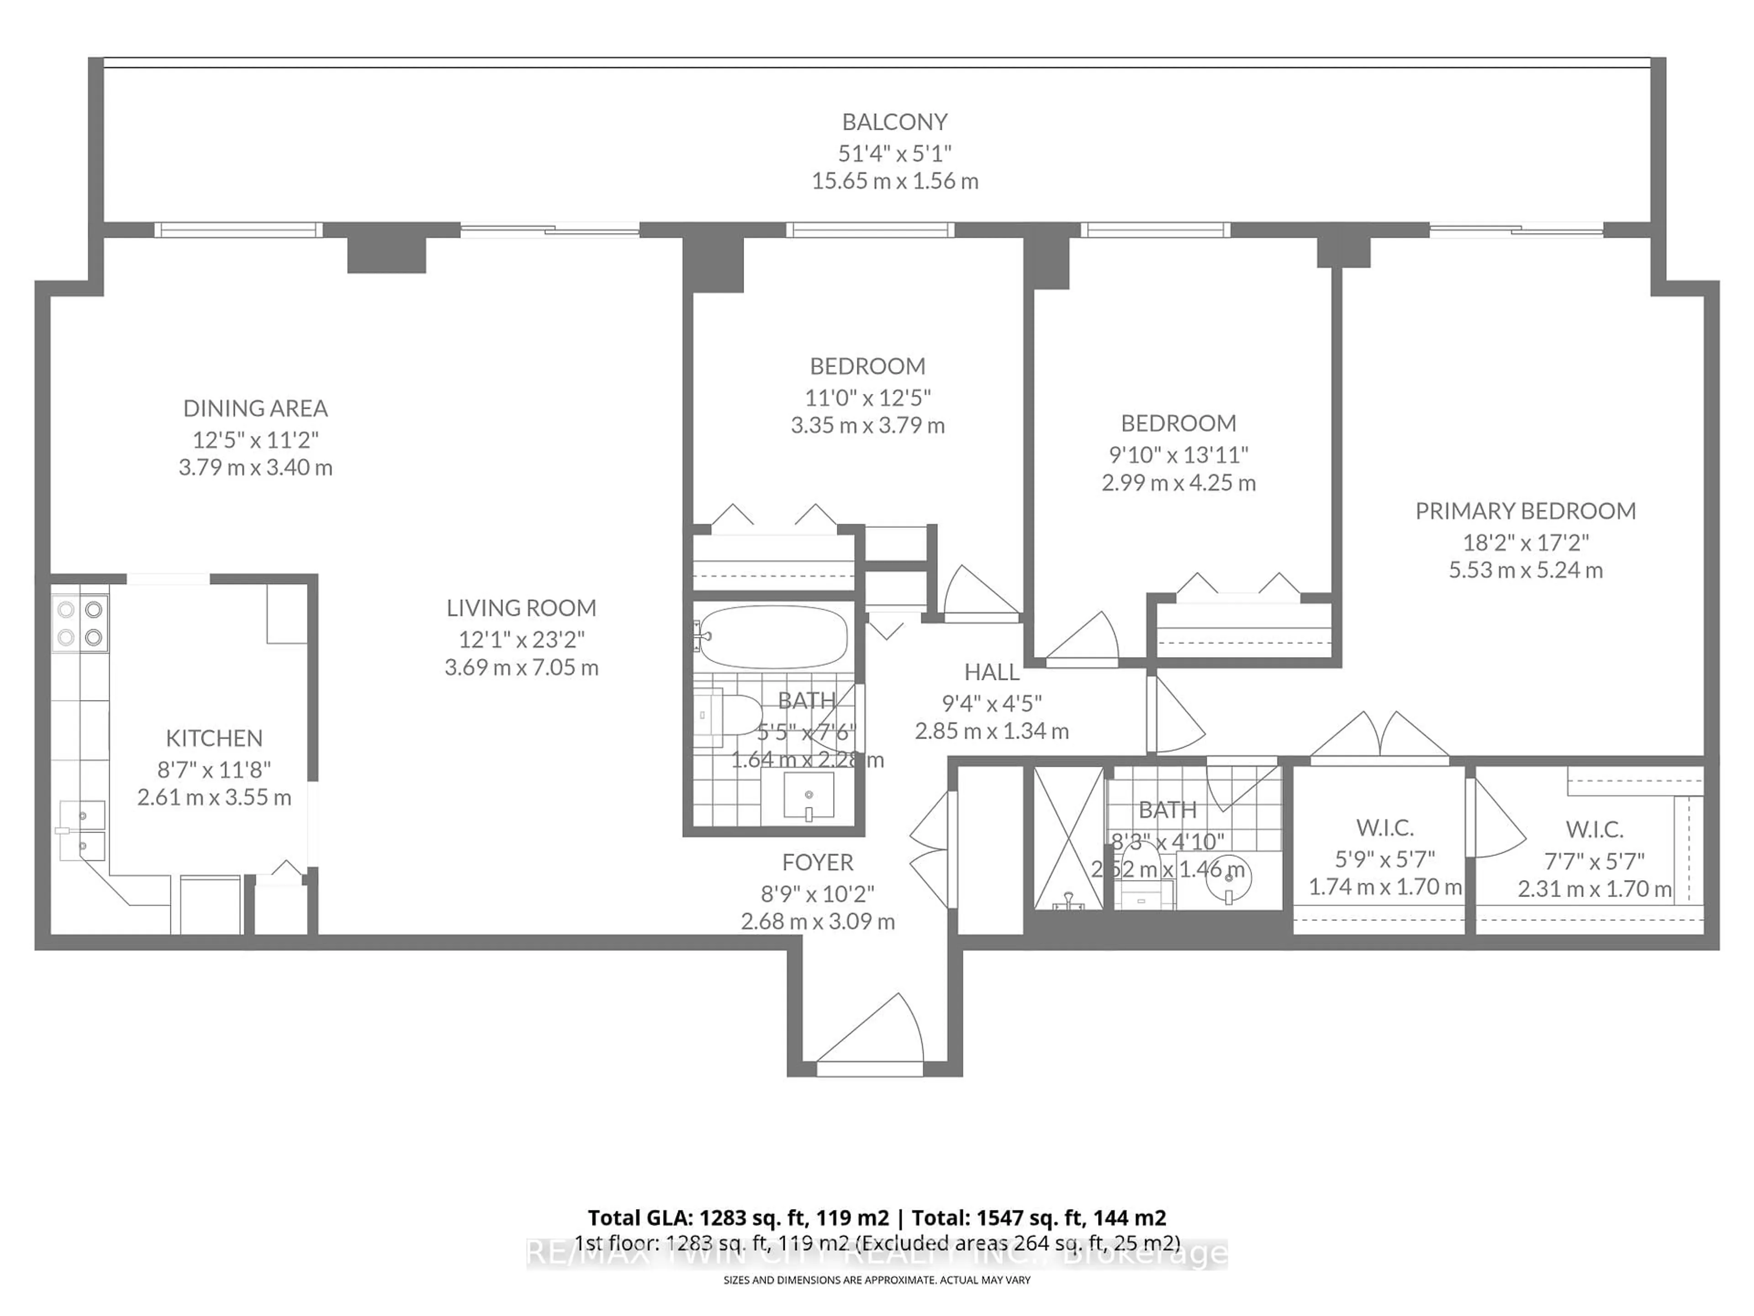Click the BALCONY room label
(894, 122)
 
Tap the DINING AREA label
(255, 409)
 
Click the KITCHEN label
(214, 738)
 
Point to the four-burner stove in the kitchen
(80, 623)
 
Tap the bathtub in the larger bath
(773, 637)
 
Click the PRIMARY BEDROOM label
(1525, 511)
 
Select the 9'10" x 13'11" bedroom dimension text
(1178, 455)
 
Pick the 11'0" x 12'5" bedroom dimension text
(867, 397)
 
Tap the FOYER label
(818, 862)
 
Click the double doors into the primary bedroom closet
(1380, 736)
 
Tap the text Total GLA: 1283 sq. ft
(737, 1218)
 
